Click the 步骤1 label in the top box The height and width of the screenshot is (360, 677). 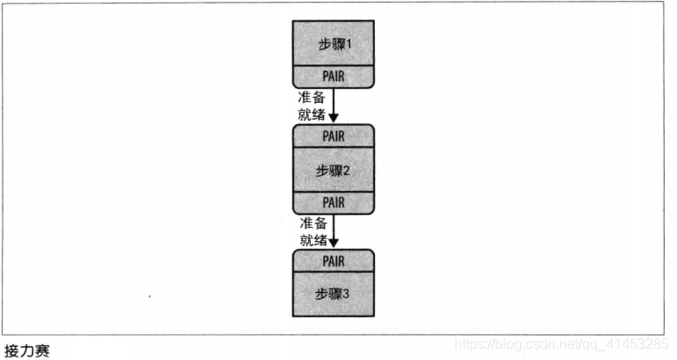(x=333, y=43)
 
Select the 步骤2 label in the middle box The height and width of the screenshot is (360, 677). (x=333, y=170)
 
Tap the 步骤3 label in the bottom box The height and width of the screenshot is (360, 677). (x=333, y=293)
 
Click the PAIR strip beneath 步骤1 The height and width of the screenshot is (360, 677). (x=333, y=77)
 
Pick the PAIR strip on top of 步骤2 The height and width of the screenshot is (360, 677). (x=333, y=136)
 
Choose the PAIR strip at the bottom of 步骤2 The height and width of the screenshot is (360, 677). (x=333, y=202)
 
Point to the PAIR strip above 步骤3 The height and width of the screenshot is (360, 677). (x=333, y=261)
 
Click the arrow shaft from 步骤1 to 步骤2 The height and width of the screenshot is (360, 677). (x=334, y=99)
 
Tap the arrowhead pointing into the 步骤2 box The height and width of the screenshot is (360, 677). (x=334, y=118)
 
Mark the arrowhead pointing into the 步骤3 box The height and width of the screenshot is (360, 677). (x=334, y=243)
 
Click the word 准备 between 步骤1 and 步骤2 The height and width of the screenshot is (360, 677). (x=312, y=97)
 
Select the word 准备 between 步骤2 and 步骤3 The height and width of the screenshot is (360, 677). (x=312, y=221)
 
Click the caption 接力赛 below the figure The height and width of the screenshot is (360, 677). (x=26, y=350)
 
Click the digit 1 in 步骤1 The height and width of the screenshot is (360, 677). (x=349, y=43)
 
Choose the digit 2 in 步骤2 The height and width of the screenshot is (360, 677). (x=349, y=170)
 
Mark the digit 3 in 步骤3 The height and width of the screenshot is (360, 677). (x=349, y=293)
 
